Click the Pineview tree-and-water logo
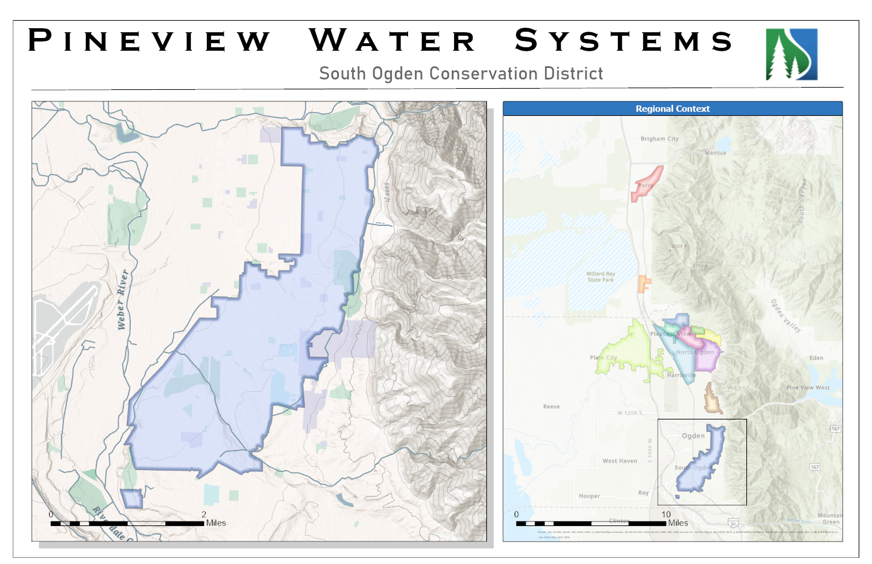791,54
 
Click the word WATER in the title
392,41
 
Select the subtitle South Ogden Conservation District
460,74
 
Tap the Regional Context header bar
672,108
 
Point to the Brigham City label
659,139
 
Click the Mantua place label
715,153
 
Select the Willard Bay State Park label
601,277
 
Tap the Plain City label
603,358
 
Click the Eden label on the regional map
816,358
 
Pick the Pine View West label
807,388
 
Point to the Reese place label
551,407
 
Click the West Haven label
620,461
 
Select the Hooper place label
589,496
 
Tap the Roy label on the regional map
643,493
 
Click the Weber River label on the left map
122,300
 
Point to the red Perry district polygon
647,183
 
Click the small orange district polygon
643,284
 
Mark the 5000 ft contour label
387,192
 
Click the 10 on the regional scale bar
666,514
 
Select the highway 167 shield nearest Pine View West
835,429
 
